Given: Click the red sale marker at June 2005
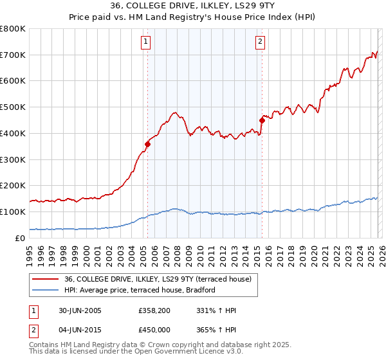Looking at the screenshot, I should [x=147, y=144].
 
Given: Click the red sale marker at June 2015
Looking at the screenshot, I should [x=262, y=120].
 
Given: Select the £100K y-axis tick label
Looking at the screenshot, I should [x=12, y=212].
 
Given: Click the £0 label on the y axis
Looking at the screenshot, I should [x=21, y=238].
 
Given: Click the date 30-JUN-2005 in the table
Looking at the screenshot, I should [x=79, y=310].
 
